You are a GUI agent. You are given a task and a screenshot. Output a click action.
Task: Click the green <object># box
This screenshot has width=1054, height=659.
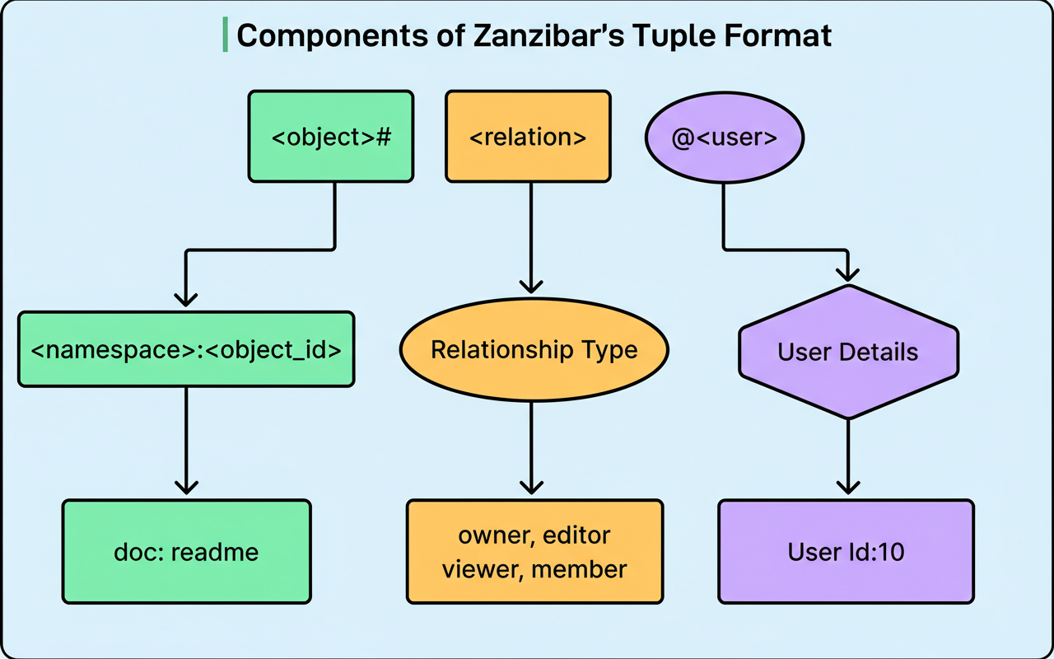pyautogui.click(x=331, y=137)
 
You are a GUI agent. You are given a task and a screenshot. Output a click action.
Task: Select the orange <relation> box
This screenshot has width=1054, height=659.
pyautogui.click(x=528, y=137)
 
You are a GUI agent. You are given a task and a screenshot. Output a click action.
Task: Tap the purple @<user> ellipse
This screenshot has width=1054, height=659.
pyautogui.click(x=725, y=138)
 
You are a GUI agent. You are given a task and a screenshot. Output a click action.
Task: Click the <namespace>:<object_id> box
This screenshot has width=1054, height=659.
pyautogui.click(x=186, y=349)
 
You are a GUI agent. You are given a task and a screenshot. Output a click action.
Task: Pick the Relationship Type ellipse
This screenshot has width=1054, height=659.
pyautogui.click(x=534, y=349)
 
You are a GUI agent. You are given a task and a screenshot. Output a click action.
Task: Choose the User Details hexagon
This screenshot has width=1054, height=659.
pyautogui.click(x=848, y=353)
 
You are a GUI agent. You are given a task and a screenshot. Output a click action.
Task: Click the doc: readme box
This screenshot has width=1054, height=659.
pyautogui.click(x=187, y=551)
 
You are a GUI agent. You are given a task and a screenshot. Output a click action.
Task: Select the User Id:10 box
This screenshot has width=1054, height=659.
pyautogui.click(x=846, y=551)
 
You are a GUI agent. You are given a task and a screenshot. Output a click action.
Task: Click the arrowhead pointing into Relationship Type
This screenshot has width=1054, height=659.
pyautogui.click(x=532, y=285)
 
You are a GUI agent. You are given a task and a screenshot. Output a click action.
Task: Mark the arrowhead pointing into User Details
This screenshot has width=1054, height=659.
pyautogui.click(x=847, y=274)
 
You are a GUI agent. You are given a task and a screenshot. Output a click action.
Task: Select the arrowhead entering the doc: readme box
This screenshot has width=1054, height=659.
pyautogui.click(x=186, y=486)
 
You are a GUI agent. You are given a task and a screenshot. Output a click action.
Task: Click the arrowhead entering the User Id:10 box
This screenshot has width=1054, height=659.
pyautogui.click(x=847, y=486)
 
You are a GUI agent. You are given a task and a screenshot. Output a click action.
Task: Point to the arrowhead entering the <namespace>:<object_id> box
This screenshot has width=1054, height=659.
pyautogui.click(x=186, y=297)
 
